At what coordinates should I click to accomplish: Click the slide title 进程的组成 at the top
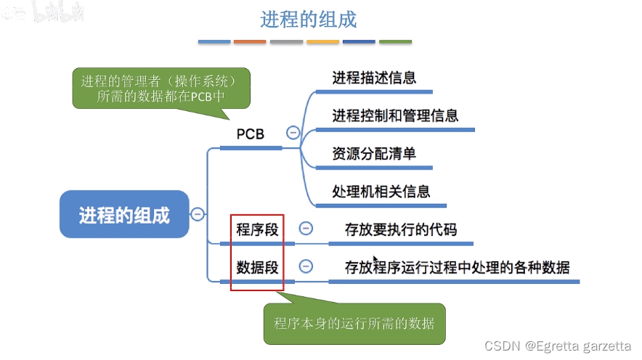pyautogui.click(x=309, y=19)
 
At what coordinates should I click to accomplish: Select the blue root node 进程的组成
pyautogui.click(x=124, y=215)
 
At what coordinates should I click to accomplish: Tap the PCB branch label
pyautogui.click(x=251, y=134)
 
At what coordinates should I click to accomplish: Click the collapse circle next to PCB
pyautogui.click(x=293, y=133)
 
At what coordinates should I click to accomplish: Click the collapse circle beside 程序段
pyautogui.click(x=306, y=229)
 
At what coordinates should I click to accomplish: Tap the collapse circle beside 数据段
pyautogui.click(x=306, y=266)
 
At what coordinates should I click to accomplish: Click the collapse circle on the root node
pyautogui.click(x=197, y=214)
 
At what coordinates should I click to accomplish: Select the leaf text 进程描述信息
pyautogui.click(x=374, y=78)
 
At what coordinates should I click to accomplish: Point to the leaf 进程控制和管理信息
pyautogui.click(x=395, y=115)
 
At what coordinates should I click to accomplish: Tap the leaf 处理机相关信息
pyautogui.click(x=381, y=191)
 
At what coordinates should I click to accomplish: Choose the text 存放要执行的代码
pyautogui.click(x=401, y=229)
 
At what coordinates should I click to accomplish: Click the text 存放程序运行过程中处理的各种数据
pyautogui.click(x=457, y=266)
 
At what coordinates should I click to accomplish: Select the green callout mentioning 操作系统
pyautogui.click(x=161, y=88)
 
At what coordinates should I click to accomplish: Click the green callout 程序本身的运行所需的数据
pyautogui.click(x=354, y=323)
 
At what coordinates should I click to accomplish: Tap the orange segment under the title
pyautogui.click(x=250, y=41)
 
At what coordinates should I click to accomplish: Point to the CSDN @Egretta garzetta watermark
pyautogui.click(x=558, y=345)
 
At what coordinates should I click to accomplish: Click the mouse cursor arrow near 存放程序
pyautogui.click(x=375, y=261)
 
